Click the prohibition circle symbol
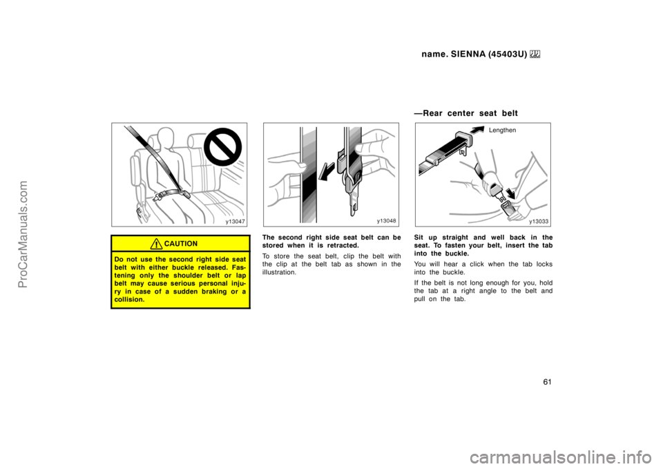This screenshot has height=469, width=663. pyautogui.click(x=223, y=147)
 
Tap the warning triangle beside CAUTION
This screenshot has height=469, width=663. pyautogui.click(x=157, y=244)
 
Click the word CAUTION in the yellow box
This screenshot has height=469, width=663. pyautogui.click(x=180, y=244)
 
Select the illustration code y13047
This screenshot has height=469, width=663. pyautogui.click(x=235, y=222)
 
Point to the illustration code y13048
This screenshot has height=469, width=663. pyautogui.click(x=387, y=221)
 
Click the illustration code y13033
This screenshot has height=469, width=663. pyautogui.click(x=539, y=221)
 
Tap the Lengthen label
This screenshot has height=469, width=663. pyautogui.click(x=502, y=131)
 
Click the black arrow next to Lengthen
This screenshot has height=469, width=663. pyautogui.click(x=478, y=130)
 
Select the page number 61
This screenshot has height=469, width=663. pyautogui.click(x=548, y=382)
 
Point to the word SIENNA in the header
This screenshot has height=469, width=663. pyautogui.click(x=468, y=54)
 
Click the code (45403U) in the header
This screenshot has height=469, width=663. pyautogui.click(x=508, y=54)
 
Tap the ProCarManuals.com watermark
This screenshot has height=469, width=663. pyautogui.click(x=23, y=234)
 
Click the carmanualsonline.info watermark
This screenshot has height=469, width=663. pyautogui.click(x=561, y=457)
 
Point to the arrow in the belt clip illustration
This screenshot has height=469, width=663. pyautogui.click(x=326, y=172)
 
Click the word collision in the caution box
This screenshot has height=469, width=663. pyautogui.click(x=129, y=299)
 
